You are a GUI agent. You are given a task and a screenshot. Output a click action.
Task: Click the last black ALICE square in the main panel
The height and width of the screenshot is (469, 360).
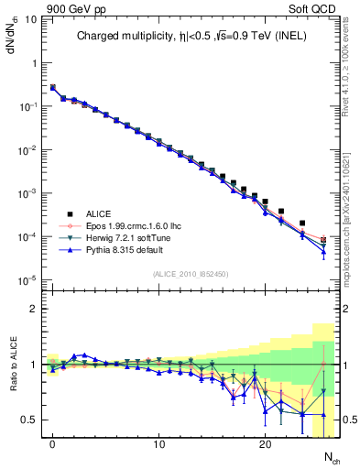click(323, 240)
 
